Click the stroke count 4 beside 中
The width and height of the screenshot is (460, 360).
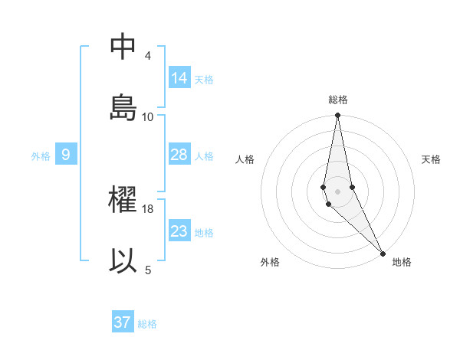click(x=148, y=56)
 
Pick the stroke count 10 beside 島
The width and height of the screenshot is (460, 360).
click(x=148, y=116)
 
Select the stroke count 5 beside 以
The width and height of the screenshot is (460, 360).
click(x=148, y=270)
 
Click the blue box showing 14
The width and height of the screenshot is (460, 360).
click(x=179, y=78)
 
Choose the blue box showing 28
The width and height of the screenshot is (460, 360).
click(x=179, y=155)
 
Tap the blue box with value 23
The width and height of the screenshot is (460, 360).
click(x=179, y=231)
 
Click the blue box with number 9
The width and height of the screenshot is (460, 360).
click(x=66, y=155)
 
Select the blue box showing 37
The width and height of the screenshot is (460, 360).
click(x=123, y=322)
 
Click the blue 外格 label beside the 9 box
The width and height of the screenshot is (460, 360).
click(x=41, y=156)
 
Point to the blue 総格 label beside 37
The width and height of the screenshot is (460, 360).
click(x=147, y=324)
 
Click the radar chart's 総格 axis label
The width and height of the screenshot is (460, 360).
click(x=338, y=100)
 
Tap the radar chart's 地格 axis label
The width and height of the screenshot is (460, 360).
click(x=402, y=262)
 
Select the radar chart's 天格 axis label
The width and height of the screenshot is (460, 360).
click(x=431, y=159)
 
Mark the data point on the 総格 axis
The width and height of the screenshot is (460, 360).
click(x=338, y=116)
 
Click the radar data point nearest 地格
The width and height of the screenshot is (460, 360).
click(x=383, y=254)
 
